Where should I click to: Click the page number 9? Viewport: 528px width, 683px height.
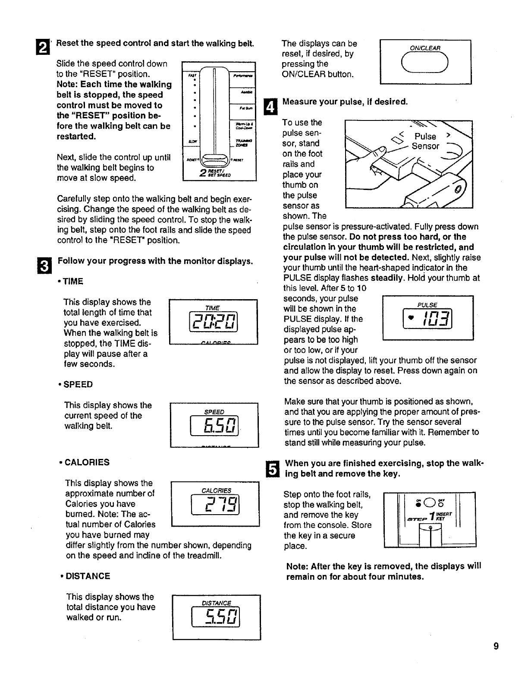496,646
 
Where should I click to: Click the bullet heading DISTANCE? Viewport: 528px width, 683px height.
86,576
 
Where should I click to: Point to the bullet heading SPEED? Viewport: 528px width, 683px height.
77,385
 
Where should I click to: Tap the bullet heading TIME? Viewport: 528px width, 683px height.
72,281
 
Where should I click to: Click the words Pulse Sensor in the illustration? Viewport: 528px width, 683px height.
425,142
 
